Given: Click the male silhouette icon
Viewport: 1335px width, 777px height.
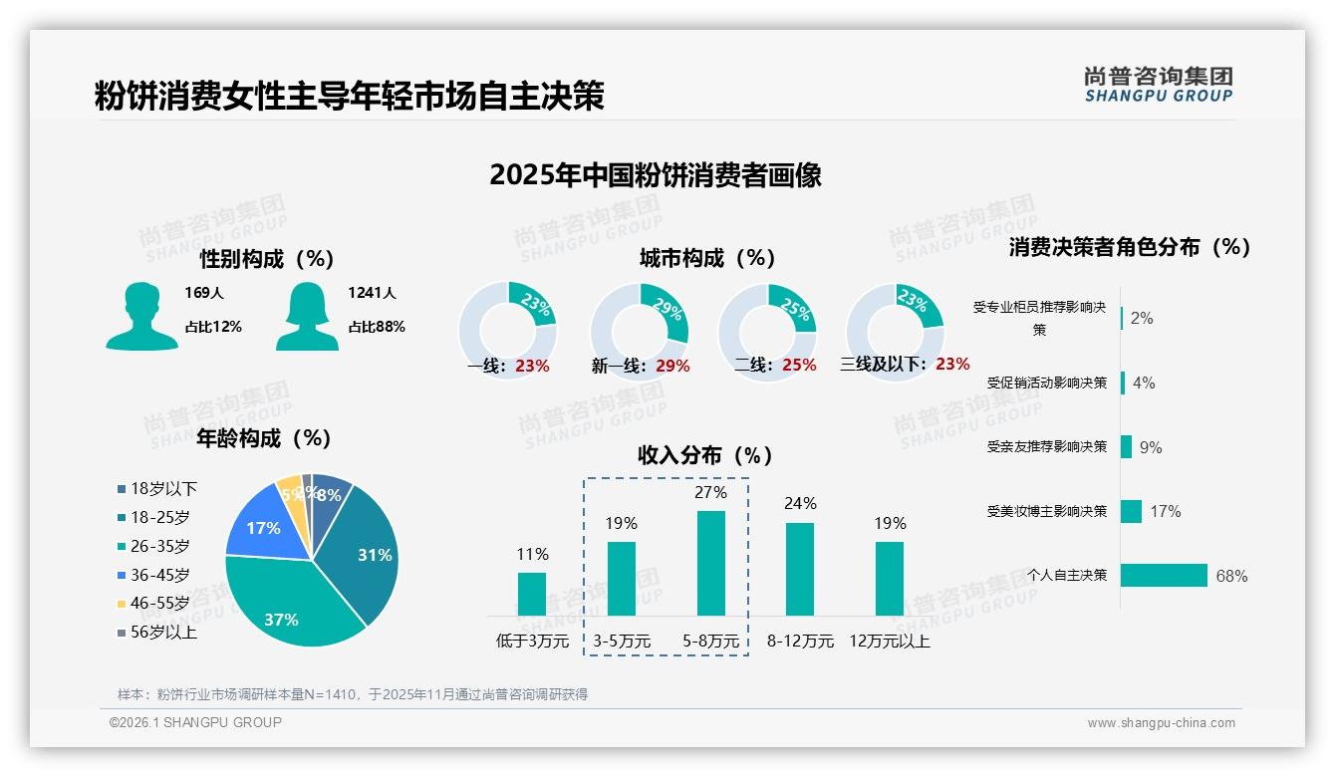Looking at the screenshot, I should coord(141,317).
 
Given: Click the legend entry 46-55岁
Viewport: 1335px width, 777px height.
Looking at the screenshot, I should coord(159,604).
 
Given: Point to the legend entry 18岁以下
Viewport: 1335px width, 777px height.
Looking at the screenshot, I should coord(163,489).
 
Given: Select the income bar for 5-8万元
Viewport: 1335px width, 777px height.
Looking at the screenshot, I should coord(710,563).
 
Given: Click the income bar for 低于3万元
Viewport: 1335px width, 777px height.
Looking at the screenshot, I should coord(532,594).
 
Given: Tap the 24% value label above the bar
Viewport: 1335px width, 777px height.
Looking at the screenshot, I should coord(800,504).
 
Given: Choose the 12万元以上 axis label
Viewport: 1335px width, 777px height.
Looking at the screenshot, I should coord(890,642).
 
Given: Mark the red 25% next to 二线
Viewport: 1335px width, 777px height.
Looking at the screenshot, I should coord(799,366).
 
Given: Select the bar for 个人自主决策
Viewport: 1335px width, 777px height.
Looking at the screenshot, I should coord(1164,576).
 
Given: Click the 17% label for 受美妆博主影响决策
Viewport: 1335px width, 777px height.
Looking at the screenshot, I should coord(1165,512).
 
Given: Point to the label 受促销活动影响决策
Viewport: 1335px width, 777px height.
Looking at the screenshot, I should coord(1046,383).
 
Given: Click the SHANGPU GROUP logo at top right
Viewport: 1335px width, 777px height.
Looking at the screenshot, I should coord(1158,85).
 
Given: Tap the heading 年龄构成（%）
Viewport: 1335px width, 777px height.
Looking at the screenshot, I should coord(264,438).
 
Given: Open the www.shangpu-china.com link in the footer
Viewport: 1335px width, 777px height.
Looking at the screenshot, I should coord(1161,723).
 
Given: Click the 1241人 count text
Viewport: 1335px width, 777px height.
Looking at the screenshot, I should coord(372,293).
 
